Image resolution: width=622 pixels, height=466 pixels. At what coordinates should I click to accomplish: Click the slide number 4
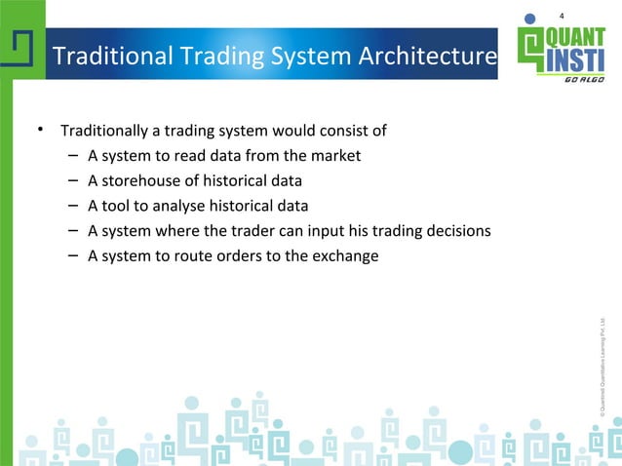[x=562, y=15]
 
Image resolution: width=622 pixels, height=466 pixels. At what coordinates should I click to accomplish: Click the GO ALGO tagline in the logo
[x=583, y=80]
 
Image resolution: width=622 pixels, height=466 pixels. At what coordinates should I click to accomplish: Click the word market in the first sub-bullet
[x=336, y=156]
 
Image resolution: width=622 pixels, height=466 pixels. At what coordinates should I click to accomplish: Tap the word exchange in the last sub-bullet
[x=345, y=257]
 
